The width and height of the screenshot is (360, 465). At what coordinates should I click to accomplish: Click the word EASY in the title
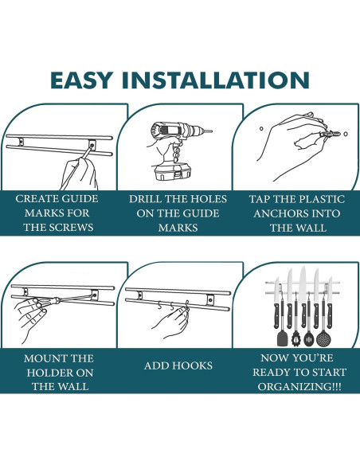click(81, 80)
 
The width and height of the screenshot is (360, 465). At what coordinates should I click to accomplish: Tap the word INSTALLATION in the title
click(216, 80)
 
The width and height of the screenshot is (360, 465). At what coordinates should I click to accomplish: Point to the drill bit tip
click(211, 131)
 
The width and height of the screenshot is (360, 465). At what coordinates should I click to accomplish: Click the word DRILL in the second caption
click(146, 199)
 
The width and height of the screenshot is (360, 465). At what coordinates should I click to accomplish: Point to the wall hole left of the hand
click(261, 129)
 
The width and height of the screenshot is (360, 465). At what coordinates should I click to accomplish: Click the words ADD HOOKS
click(178, 365)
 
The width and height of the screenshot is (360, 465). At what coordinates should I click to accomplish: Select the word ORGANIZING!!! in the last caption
click(299, 386)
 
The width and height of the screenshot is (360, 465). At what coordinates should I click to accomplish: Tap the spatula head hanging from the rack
click(282, 338)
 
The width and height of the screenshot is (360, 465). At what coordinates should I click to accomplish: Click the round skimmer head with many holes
click(323, 338)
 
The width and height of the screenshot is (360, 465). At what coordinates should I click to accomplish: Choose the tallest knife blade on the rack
click(303, 284)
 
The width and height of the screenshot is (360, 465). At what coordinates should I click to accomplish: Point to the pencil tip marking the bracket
click(92, 146)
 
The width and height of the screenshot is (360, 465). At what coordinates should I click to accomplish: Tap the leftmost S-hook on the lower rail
click(160, 306)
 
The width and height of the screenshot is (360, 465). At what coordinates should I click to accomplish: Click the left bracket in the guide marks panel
click(21, 142)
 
